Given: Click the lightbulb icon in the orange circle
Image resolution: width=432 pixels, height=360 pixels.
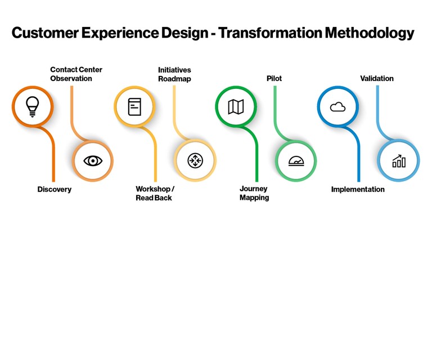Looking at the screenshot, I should [33, 106].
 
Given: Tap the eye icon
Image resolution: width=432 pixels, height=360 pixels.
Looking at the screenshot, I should [93, 161].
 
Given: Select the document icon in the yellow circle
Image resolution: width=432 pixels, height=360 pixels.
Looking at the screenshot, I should [134, 106].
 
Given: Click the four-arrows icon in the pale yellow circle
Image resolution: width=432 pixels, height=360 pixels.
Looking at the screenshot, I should [195, 161].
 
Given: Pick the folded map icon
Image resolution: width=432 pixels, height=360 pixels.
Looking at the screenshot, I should [236, 106].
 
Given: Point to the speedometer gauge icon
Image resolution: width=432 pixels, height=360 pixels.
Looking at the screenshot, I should [296, 161].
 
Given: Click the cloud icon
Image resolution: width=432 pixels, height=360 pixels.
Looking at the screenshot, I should [337, 106].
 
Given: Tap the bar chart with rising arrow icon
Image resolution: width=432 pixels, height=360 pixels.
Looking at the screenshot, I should [399, 161].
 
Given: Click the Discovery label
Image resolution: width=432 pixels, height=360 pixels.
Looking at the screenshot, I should [55, 190].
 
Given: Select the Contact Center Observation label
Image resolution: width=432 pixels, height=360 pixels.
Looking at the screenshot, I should [76, 74].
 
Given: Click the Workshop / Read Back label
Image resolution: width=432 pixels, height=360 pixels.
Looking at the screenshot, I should [155, 193].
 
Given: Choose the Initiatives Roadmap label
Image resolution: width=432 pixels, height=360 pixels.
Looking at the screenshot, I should [174, 74].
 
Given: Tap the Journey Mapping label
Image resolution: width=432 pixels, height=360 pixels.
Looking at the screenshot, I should [254, 193].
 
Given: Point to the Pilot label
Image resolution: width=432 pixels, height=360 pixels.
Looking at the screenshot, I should [274, 79].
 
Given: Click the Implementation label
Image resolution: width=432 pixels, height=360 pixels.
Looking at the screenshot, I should [358, 190].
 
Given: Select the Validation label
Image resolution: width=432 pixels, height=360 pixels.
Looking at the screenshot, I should [377, 79].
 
